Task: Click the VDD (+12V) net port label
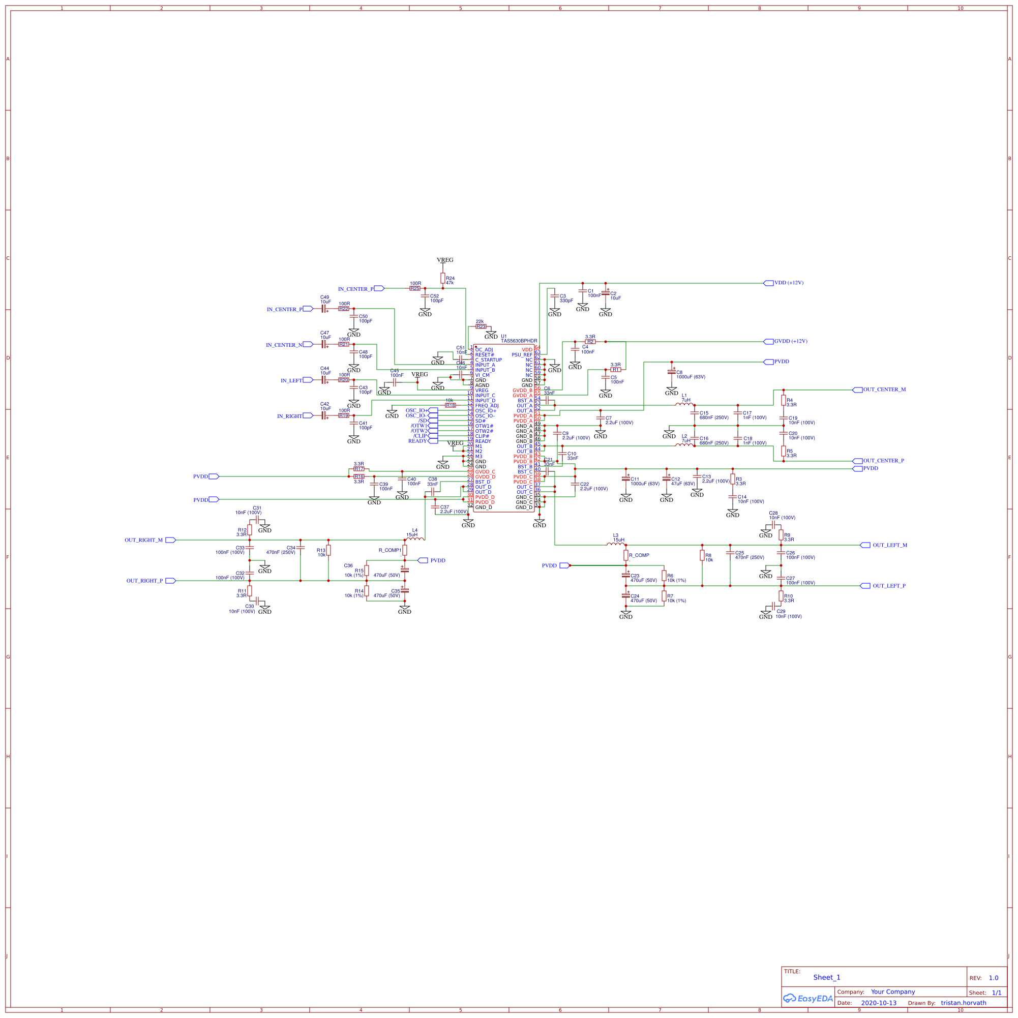(x=788, y=283)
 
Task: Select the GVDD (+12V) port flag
(x=790, y=341)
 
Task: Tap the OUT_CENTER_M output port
(x=884, y=390)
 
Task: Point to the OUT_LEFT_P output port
(x=888, y=586)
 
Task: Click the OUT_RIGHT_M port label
(x=144, y=540)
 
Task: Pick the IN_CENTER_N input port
(x=285, y=345)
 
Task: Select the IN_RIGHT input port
(x=290, y=416)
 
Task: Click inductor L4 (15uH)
(x=415, y=538)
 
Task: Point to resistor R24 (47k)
(x=442, y=279)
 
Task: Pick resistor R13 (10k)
(x=328, y=551)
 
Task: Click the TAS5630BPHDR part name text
(x=519, y=341)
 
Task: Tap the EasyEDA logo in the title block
(x=808, y=998)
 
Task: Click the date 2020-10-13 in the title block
(x=878, y=1003)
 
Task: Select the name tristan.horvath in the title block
(x=963, y=1003)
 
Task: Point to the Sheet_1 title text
(x=826, y=977)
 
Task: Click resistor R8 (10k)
(x=702, y=555)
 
